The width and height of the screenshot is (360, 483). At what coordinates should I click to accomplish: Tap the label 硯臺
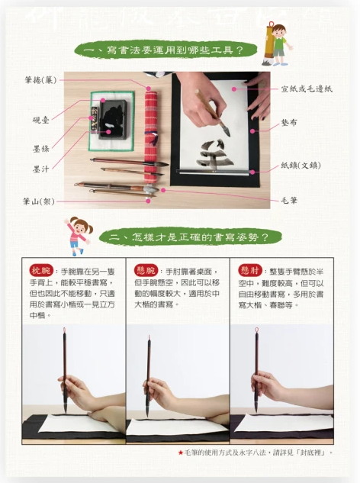pyautogui.click(x=41, y=120)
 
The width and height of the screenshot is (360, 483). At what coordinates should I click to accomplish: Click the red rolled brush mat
pyautogui.click(x=150, y=121)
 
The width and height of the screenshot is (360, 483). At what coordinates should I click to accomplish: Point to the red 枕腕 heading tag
pyautogui.click(x=40, y=271)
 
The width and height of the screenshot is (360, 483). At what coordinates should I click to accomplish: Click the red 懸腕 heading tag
pyautogui.click(x=145, y=271)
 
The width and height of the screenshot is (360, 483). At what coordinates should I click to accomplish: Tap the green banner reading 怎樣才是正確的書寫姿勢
pyautogui.click(x=188, y=237)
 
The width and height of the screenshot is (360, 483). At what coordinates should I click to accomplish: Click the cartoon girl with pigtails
pyautogui.click(x=78, y=235)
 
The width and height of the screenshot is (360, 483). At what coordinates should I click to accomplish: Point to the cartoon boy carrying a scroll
pyautogui.click(x=278, y=43)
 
